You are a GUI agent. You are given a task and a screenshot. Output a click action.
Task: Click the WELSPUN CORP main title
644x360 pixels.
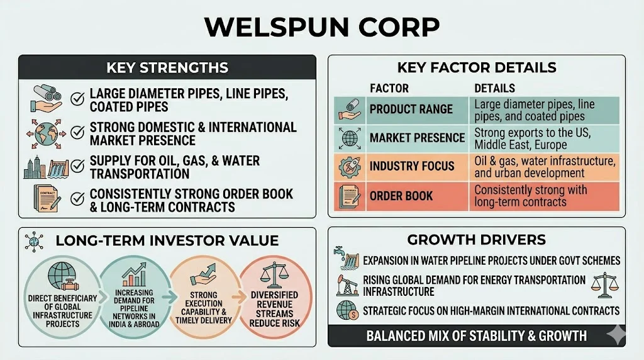click(321, 27)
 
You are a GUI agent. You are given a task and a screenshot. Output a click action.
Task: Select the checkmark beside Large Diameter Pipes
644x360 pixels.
click(79, 99)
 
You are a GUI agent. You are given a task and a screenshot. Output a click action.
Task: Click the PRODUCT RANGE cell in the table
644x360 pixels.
click(411, 110)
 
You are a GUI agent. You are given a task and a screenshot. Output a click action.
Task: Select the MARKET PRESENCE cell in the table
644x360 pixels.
click(417, 138)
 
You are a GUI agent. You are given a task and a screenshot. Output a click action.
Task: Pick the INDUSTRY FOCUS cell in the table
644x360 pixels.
click(412, 166)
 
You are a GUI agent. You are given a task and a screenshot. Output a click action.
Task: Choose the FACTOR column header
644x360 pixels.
click(389, 88)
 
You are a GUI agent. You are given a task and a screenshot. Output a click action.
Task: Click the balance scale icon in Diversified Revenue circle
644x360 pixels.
click(274, 273)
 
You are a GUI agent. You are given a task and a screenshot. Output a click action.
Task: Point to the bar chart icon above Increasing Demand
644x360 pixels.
click(134, 274)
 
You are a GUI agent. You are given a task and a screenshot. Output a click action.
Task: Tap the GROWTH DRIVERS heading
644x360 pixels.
click(477, 239)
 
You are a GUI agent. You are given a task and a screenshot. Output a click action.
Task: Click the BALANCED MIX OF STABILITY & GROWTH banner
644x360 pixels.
click(476, 335)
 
